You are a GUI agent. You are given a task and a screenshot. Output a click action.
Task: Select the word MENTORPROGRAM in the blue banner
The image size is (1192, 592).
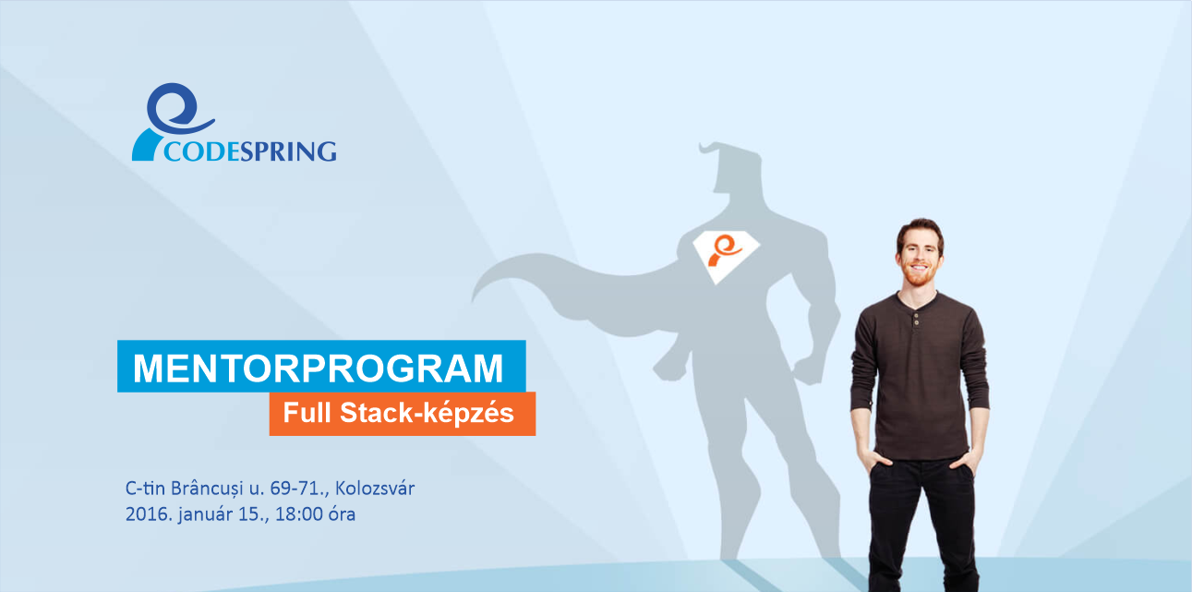(x=319, y=368)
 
